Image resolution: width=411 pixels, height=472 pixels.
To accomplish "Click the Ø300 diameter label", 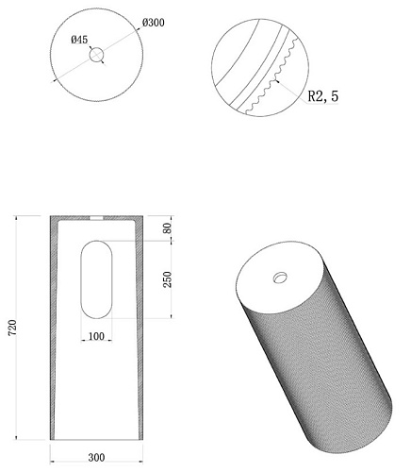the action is (x=154, y=23).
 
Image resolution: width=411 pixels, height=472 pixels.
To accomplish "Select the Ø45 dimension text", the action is (x=79, y=40).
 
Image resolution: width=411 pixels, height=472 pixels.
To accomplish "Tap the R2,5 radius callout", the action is (x=323, y=96).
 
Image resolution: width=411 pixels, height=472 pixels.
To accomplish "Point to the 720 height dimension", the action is (x=12, y=328).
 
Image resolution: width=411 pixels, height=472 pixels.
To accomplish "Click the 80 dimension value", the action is (x=168, y=228).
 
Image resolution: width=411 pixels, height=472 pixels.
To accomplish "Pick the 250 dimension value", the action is (x=168, y=279).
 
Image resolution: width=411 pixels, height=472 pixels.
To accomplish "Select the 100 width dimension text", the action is (x=96, y=336).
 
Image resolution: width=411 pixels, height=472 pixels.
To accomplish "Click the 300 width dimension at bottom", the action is (x=96, y=457).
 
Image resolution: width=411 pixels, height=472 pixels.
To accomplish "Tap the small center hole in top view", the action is (x=96, y=55).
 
